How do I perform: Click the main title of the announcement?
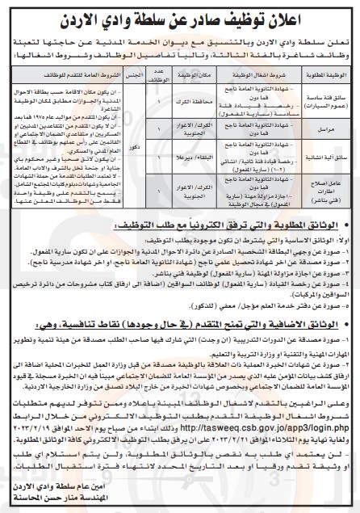coord(179,14)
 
